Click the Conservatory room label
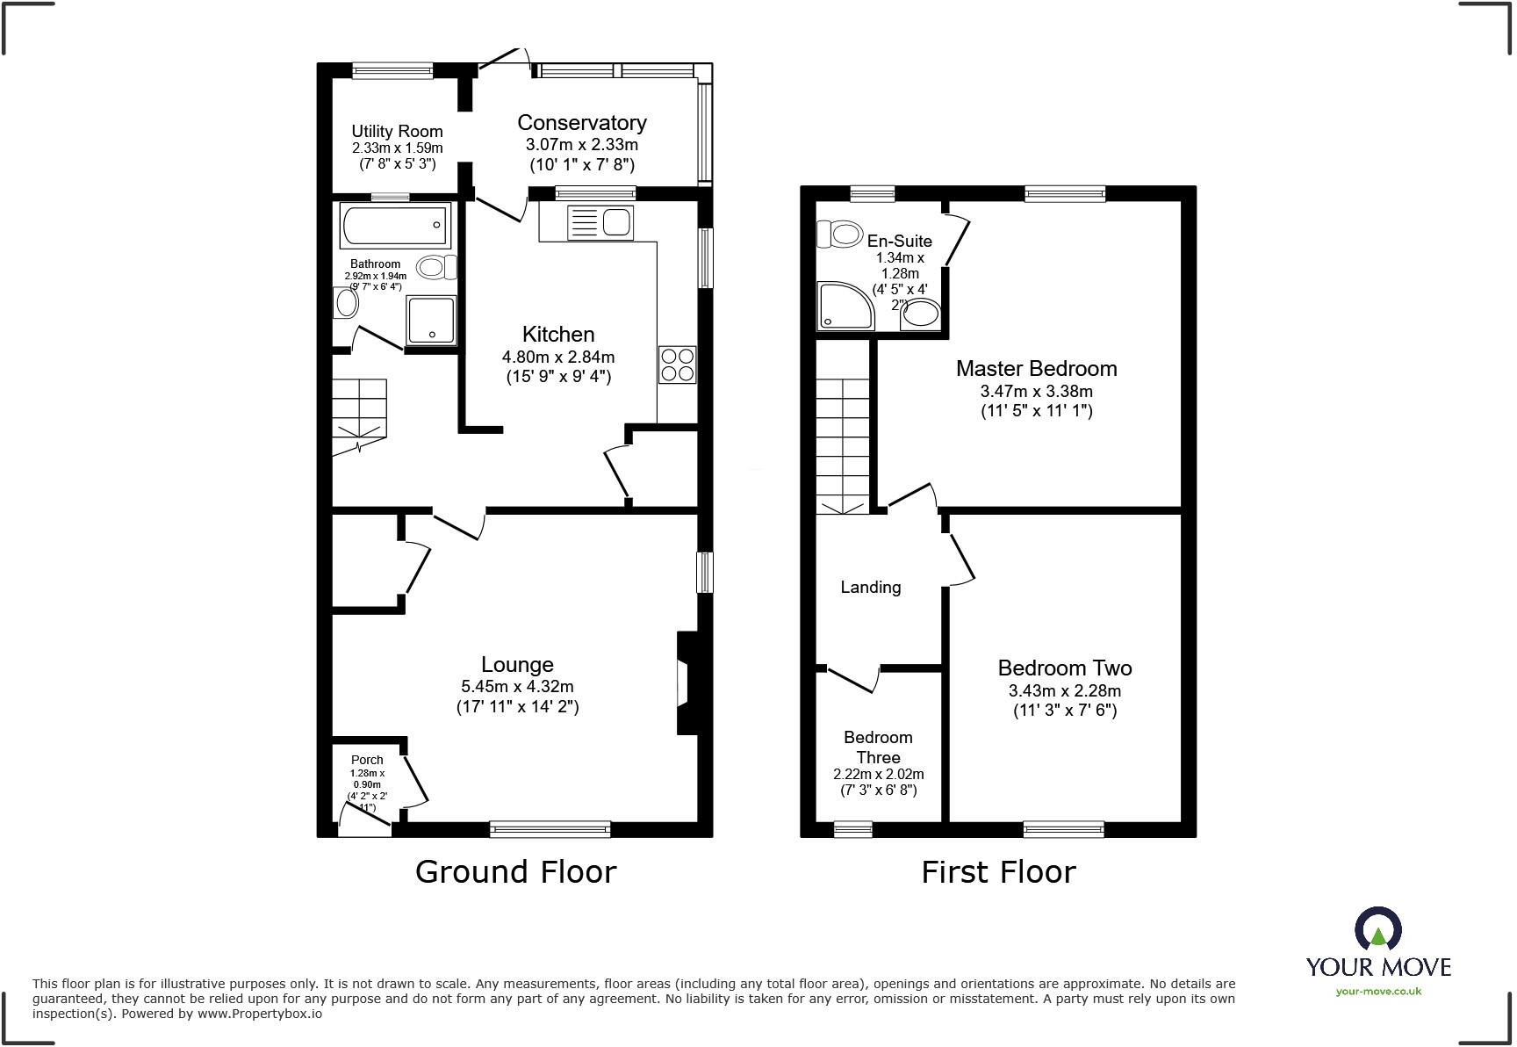tap(581, 123)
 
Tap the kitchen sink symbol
tap(600, 222)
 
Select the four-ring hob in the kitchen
tap(678, 365)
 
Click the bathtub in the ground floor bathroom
tap(394, 226)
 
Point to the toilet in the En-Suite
tap(840, 235)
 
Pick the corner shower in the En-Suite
tap(845, 306)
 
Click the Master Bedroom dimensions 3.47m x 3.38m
tap(1036, 392)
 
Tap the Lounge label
tap(517, 665)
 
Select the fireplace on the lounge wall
tap(686, 682)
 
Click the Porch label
tap(367, 760)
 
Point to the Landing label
tap(870, 587)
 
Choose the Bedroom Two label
tap(1064, 668)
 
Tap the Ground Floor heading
tap(515, 872)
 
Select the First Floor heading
tap(998, 872)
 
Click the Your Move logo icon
tap(1378, 929)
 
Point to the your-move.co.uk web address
tap(1378, 992)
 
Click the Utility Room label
tap(397, 131)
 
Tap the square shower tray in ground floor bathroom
tap(431, 320)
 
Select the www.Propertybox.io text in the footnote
tap(259, 1014)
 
